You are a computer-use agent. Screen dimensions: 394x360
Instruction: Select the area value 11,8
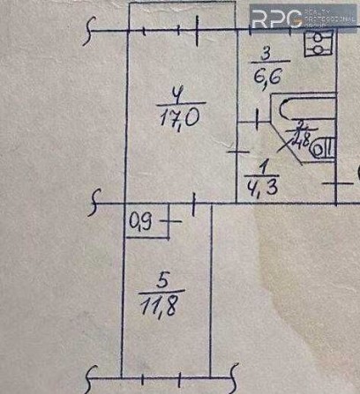click(x=161, y=309)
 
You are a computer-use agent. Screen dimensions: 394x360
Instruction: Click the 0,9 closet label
click(x=139, y=224)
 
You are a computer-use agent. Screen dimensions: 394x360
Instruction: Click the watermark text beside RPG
click(x=330, y=18)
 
